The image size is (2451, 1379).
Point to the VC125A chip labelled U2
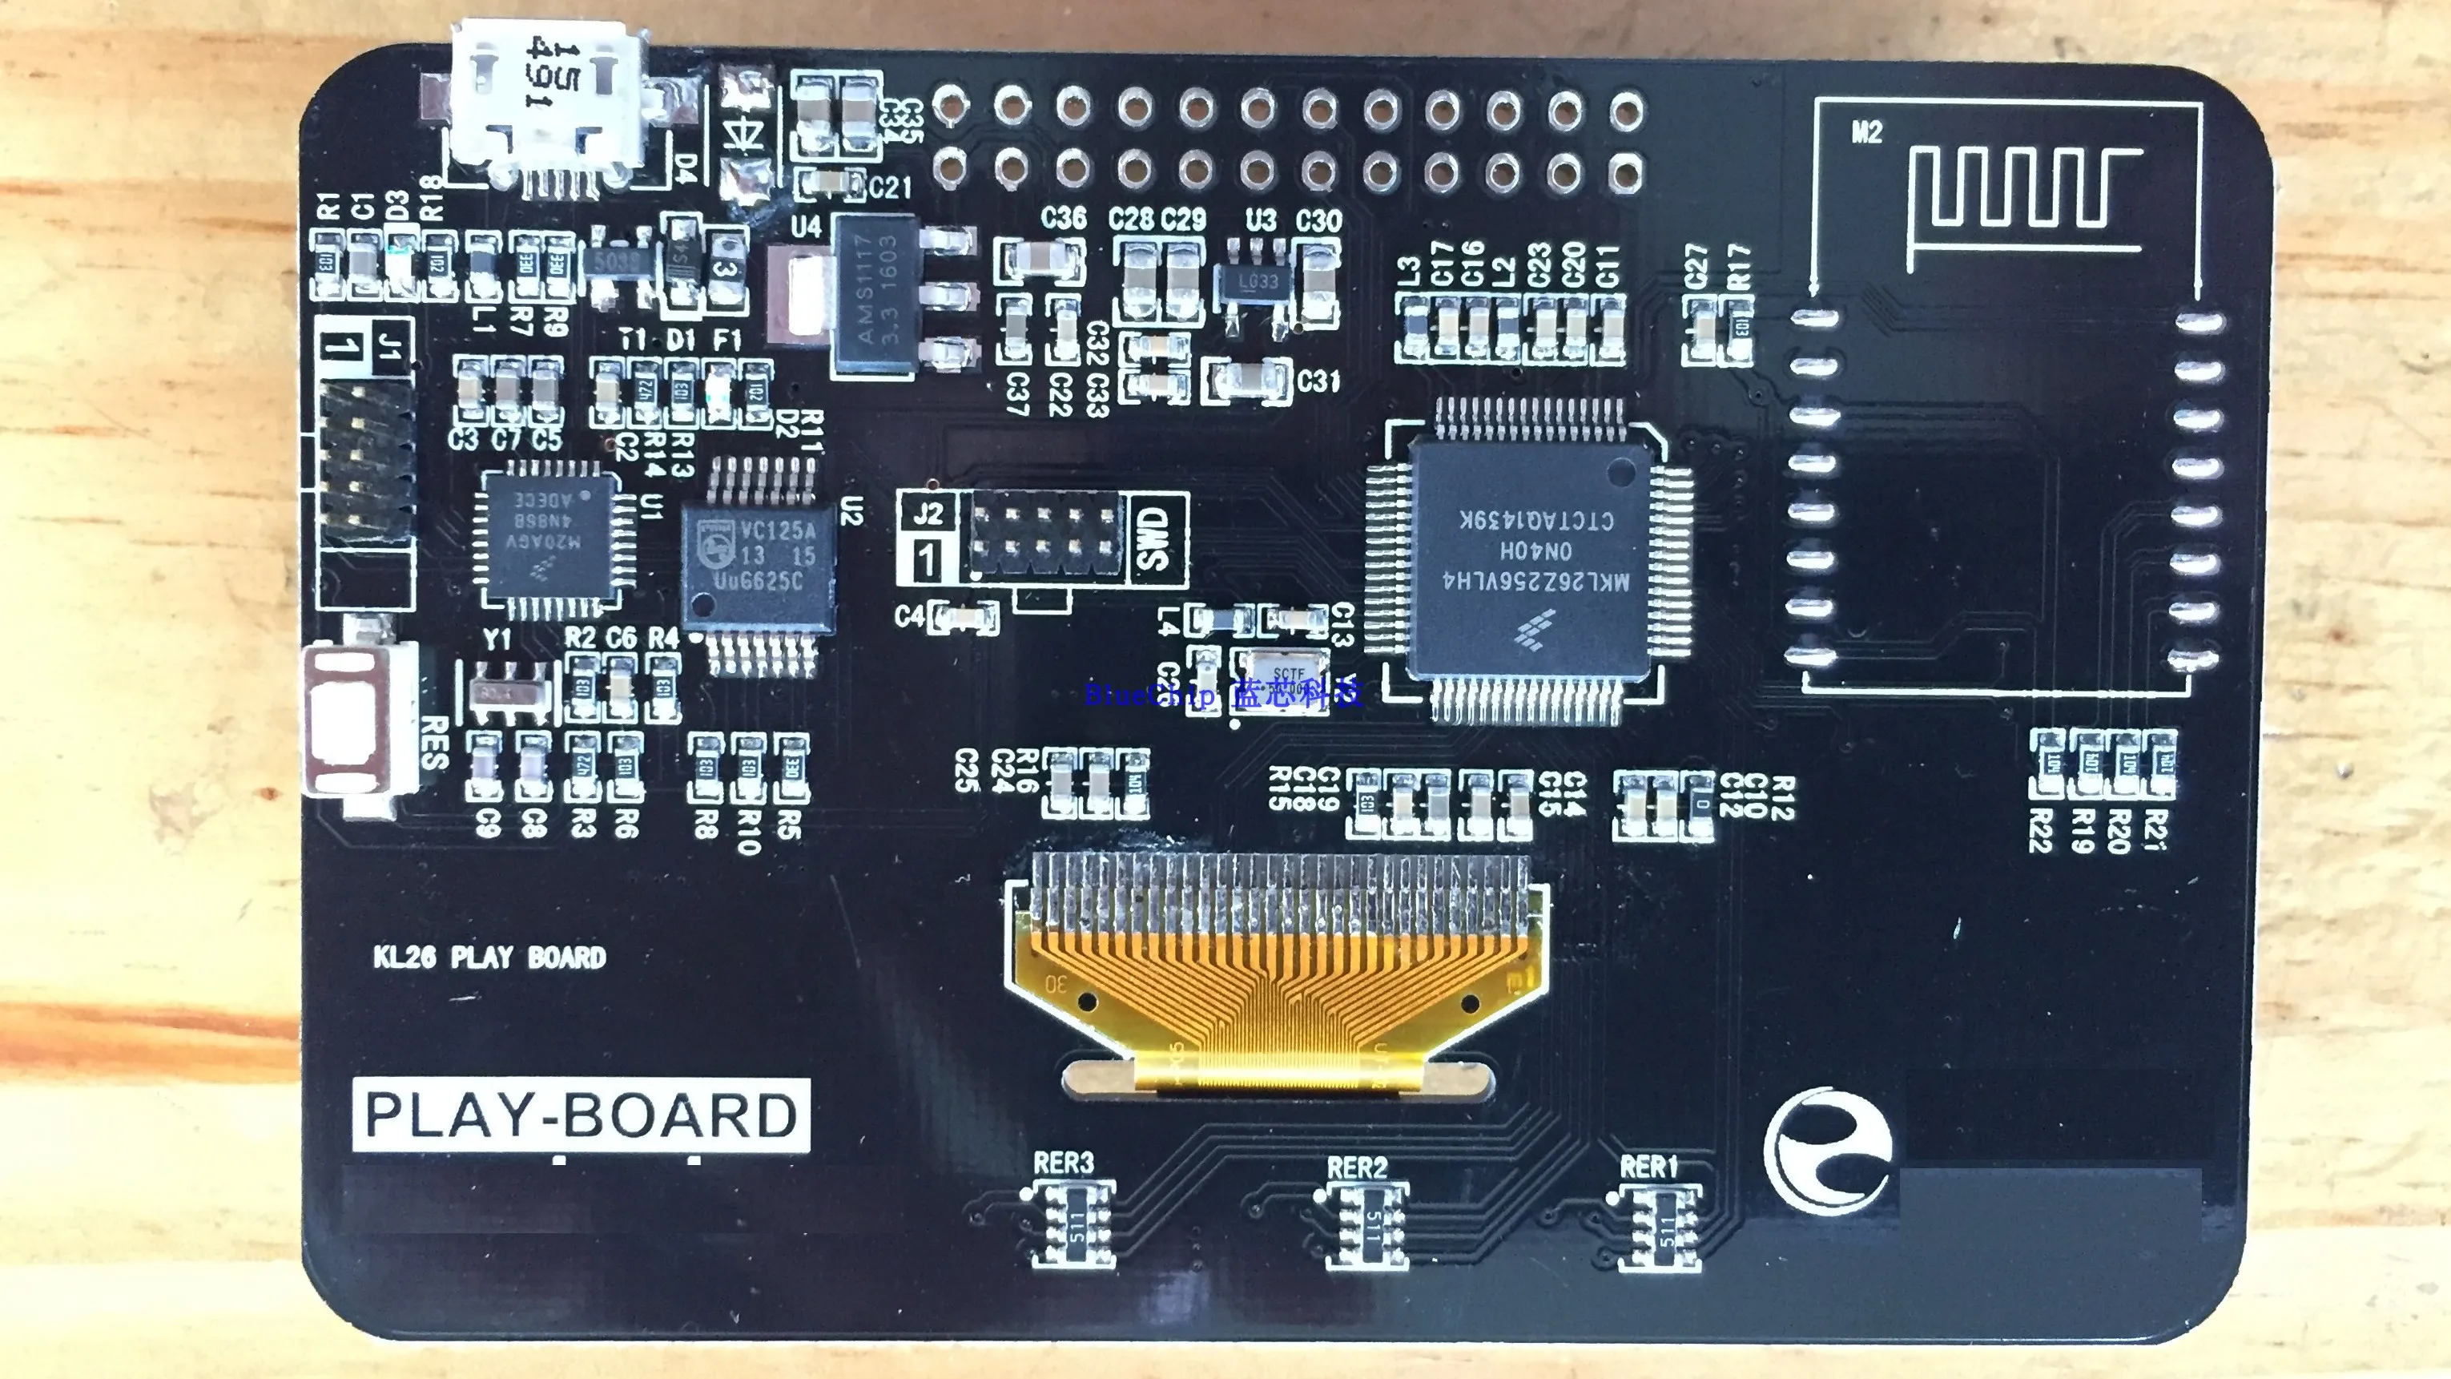tap(759, 567)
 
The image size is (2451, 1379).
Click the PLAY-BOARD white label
tap(581, 1115)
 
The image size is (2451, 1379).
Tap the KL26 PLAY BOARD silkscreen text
tap(489, 957)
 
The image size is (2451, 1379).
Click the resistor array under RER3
tap(1074, 1225)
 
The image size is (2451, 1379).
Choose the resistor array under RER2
tap(1367, 1225)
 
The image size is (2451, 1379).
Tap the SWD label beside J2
tap(1153, 538)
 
